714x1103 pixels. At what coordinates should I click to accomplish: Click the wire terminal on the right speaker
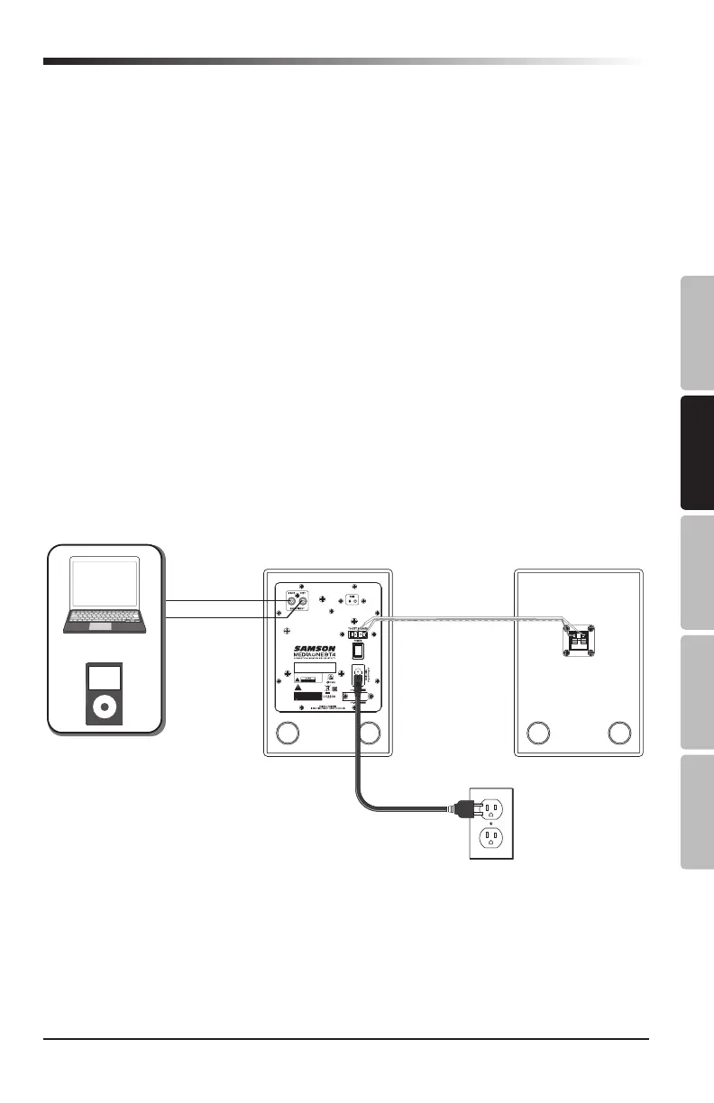pyautogui.click(x=578, y=639)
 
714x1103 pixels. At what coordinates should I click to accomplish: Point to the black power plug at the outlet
pyautogui.click(x=467, y=809)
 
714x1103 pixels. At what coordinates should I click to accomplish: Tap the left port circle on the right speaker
pyautogui.click(x=539, y=733)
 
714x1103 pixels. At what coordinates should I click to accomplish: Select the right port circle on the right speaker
pyautogui.click(x=618, y=733)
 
